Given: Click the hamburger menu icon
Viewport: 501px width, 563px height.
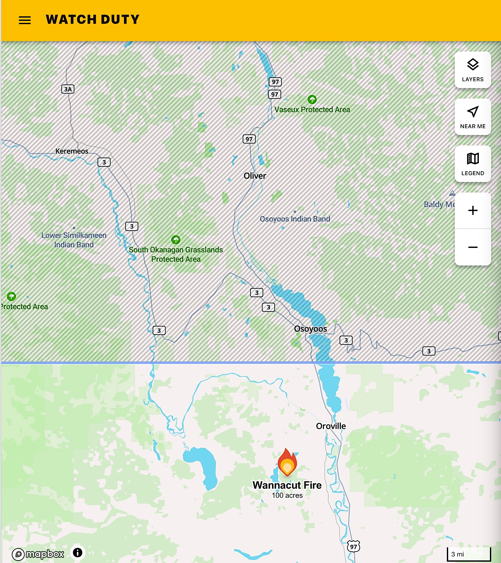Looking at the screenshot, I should click(x=25, y=20).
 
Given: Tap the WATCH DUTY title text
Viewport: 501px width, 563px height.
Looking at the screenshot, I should click(x=93, y=20).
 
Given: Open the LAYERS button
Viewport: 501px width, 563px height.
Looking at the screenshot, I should click(x=473, y=70).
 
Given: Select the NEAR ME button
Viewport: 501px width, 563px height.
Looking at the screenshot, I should click(x=473, y=117).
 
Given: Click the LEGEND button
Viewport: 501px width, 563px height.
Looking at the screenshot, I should click(x=473, y=164).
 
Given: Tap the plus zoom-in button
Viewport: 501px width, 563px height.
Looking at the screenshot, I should click(x=473, y=210).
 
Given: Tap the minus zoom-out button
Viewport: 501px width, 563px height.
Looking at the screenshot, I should click(x=473, y=247).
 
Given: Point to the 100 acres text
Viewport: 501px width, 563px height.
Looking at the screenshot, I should click(x=287, y=495).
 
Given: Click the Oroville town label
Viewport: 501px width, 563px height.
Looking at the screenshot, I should click(x=331, y=426).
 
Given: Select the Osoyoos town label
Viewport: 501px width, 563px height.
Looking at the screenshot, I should click(x=310, y=329).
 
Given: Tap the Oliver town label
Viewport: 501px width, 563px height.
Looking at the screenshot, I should click(x=255, y=176).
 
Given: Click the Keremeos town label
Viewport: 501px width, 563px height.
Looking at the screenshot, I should click(x=72, y=151).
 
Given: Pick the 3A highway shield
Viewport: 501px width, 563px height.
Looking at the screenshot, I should click(x=68, y=89).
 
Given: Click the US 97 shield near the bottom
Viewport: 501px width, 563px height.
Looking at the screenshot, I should click(x=353, y=546).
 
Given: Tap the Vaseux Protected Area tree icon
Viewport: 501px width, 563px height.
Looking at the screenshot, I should click(x=312, y=99).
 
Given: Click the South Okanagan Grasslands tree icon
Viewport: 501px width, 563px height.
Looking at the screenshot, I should click(x=176, y=240).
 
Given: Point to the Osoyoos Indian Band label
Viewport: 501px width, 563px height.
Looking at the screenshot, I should click(x=295, y=219).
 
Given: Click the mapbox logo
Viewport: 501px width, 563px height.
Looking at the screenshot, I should click(x=38, y=554).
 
